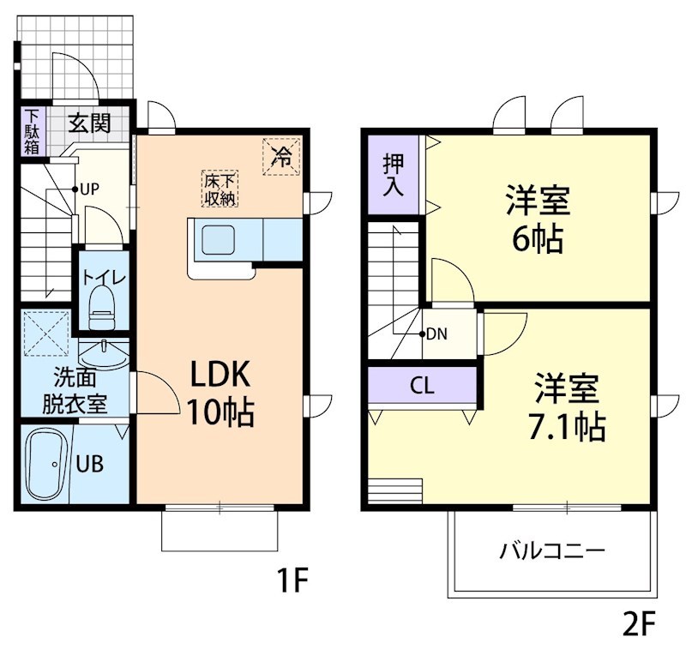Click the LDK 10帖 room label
coord(221,393)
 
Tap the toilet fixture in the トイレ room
coord(102,307)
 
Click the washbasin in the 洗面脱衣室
coord(104,354)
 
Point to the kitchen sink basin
coord(218,240)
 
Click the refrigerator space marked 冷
coord(281,157)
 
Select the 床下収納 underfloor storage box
coord(220,189)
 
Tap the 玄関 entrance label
coord(89,123)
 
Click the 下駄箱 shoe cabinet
coord(32,132)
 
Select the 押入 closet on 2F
coord(393,175)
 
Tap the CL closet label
coord(422,386)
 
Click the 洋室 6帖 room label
coord(538,219)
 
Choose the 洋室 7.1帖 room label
coord(567,407)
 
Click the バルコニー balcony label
coord(552,550)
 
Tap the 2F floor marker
coord(639,624)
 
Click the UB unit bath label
coord(90,464)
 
